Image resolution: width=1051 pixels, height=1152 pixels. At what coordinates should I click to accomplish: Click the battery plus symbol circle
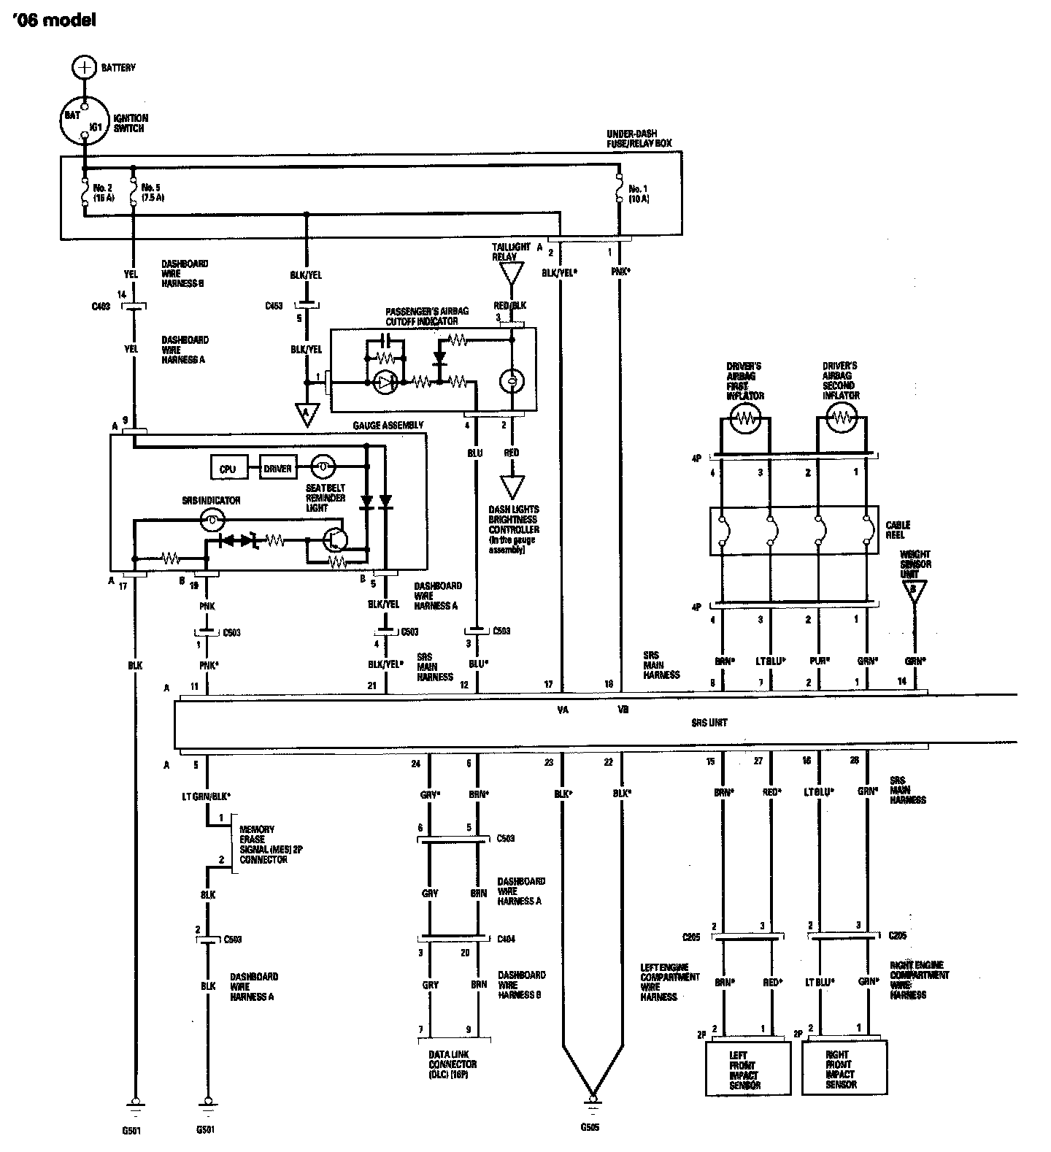point(85,67)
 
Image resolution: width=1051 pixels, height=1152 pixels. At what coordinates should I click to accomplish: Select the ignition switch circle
point(85,120)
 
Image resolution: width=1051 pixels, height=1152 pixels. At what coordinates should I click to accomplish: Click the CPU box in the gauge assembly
point(228,469)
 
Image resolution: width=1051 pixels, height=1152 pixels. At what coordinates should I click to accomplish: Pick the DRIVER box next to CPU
point(277,469)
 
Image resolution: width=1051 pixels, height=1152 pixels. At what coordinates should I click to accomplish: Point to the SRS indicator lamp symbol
point(211,520)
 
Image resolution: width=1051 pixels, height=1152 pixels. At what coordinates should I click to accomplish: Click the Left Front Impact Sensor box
point(748,1069)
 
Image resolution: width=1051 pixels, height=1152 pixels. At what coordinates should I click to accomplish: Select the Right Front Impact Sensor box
point(844,1069)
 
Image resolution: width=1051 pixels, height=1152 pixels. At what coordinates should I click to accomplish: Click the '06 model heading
point(54,21)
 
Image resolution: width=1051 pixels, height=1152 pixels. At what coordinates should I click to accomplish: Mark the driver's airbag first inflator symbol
point(744,418)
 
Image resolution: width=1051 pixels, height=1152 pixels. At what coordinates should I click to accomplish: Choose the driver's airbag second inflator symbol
point(842,418)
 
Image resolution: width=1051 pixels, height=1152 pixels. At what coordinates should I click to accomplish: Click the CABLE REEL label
point(896,529)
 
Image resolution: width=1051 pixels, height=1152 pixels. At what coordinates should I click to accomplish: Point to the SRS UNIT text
point(709,723)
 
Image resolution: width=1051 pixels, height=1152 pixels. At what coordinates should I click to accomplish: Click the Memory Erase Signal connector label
point(263,845)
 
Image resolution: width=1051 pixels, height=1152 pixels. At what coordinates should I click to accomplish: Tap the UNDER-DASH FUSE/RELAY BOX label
point(639,139)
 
